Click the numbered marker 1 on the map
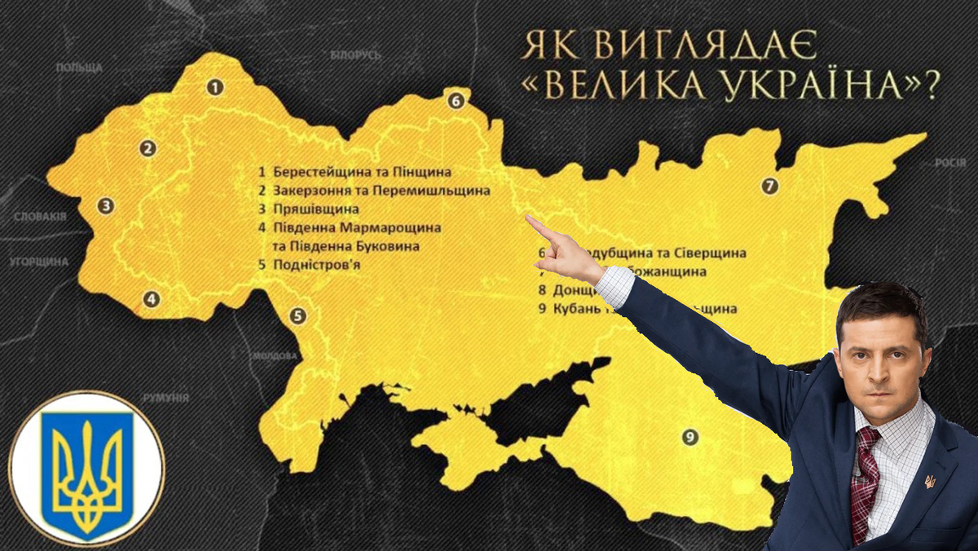[214, 86]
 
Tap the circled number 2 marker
[148, 148]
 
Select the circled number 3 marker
[105, 205]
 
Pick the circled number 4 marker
[151, 299]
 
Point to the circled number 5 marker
[298, 316]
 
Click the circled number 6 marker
[455, 101]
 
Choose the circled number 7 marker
[769, 186]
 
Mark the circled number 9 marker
[690, 438]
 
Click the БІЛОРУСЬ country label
[356, 55]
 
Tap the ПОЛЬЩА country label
[79, 67]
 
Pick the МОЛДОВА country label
[275, 356]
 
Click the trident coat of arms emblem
[86, 469]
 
